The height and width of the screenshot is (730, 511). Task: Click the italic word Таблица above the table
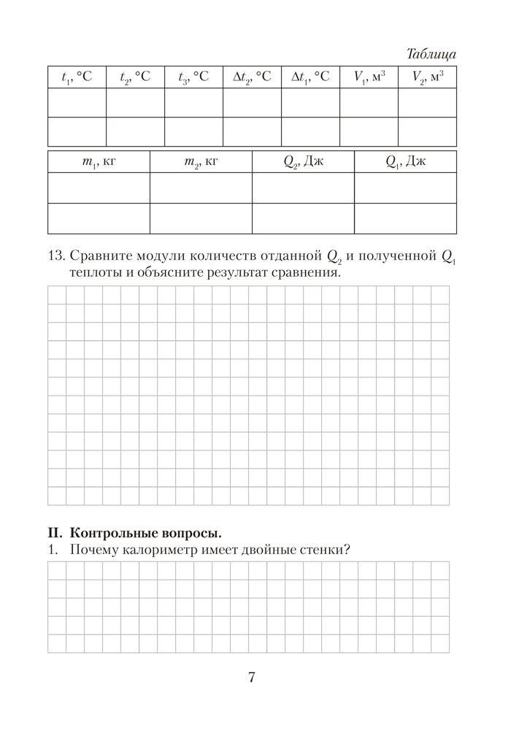431,54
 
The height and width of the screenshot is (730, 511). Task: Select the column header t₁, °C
77,77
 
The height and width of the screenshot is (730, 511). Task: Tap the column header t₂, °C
135,77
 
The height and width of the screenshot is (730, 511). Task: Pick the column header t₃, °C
193,77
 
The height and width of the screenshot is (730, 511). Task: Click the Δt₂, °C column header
252,77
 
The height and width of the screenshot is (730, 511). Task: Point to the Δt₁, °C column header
310,77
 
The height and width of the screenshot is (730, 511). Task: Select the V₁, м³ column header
369,77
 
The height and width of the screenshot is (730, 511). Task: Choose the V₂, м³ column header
427,77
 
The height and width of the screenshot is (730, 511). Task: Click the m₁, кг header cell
99,162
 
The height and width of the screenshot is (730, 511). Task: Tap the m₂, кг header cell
201,162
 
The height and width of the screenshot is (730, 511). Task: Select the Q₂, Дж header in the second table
303,162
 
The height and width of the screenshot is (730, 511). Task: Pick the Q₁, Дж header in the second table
405,162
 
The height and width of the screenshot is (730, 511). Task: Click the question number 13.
56,256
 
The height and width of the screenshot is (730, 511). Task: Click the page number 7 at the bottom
252,677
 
